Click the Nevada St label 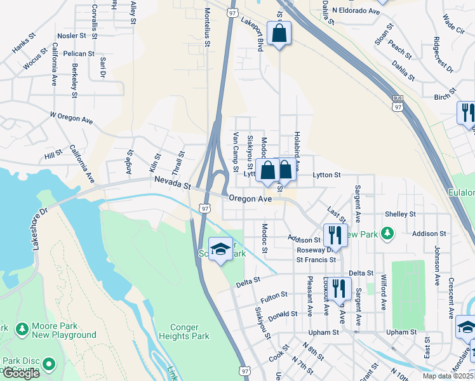point(172,184)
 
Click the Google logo point(21,373)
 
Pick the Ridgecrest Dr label point(442,55)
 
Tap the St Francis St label point(316,260)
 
